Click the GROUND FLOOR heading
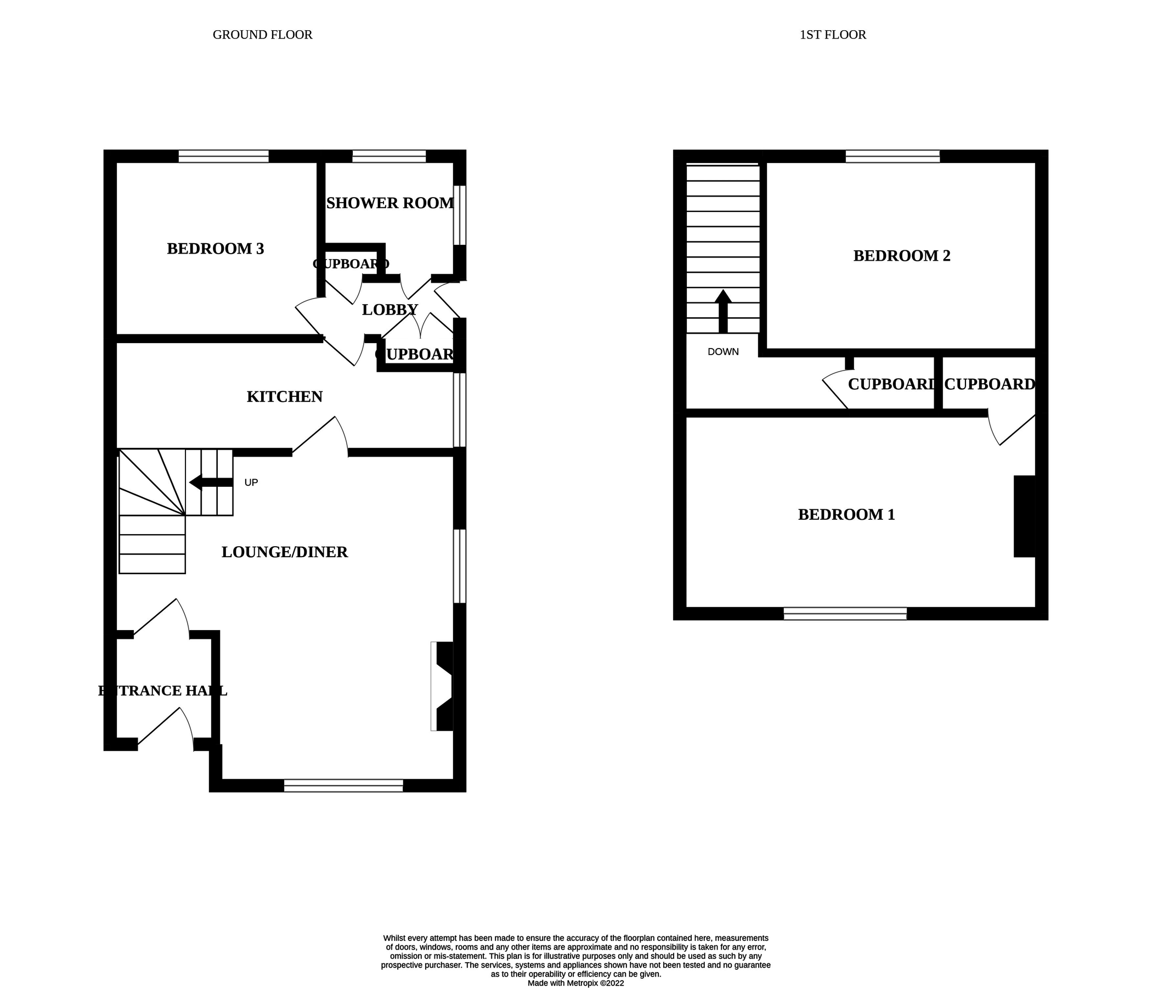pos(262,35)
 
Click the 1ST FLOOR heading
pos(832,35)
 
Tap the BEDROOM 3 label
pos(215,249)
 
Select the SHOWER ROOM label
pos(389,203)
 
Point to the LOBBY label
pos(389,310)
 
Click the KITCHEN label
pos(284,397)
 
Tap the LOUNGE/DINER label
pos(284,552)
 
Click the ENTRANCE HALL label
pos(162,691)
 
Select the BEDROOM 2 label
pos(901,256)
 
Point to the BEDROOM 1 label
pos(846,515)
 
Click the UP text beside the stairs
pos(251,482)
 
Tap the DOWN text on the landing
pos(723,352)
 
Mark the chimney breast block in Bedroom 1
pos(1024,516)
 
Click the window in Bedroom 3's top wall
pos(223,156)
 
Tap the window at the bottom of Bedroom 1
pos(845,614)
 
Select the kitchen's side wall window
pos(459,410)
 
